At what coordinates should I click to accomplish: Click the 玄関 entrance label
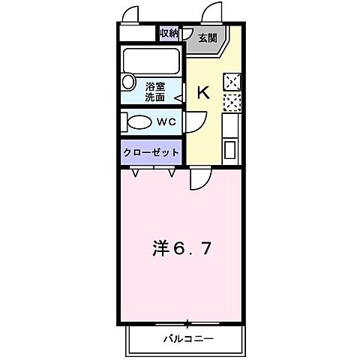[206, 37]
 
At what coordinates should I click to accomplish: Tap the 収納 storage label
[169, 33]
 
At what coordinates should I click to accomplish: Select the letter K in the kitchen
[203, 93]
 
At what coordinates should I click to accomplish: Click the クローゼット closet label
[151, 151]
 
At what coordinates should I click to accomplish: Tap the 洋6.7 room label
[178, 247]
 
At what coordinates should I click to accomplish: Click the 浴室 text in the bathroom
[155, 85]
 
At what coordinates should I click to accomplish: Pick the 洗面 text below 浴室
[155, 97]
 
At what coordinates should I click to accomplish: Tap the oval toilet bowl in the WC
[139, 121]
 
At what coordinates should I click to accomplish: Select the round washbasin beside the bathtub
[127, 82]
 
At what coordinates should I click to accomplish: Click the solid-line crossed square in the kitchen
[232, 82]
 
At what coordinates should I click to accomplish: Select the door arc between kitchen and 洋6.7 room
[199, 178]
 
